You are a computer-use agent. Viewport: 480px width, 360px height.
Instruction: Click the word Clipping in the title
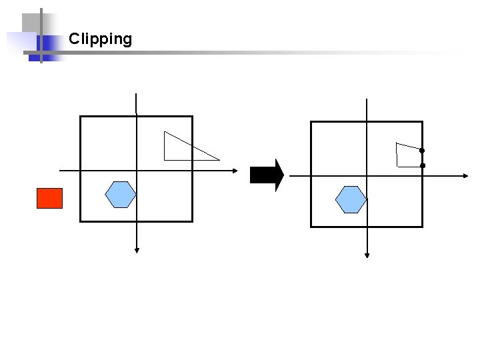[100, 39]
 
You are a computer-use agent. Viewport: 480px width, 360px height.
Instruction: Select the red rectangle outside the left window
[49, 198]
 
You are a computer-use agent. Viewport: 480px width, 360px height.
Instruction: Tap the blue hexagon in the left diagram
[121, 195]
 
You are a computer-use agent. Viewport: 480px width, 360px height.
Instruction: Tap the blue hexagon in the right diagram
[351, 199]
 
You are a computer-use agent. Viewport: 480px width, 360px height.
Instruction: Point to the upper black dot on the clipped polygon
[421, 150]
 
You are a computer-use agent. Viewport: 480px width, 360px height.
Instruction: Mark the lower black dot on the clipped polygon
[422, 165]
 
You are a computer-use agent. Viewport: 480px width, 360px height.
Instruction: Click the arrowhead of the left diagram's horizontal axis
[235, 171]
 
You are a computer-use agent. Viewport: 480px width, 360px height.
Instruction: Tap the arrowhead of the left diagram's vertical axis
[137, 250]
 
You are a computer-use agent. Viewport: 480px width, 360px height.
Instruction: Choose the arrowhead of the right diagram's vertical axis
[367, 255]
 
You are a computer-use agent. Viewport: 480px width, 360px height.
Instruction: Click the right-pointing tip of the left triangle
[219, 160]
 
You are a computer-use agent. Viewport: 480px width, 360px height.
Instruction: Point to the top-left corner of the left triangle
[165, 132]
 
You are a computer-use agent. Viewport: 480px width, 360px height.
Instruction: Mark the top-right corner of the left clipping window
[192, 117]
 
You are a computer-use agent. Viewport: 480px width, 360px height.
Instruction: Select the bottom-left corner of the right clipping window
[311, 227]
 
